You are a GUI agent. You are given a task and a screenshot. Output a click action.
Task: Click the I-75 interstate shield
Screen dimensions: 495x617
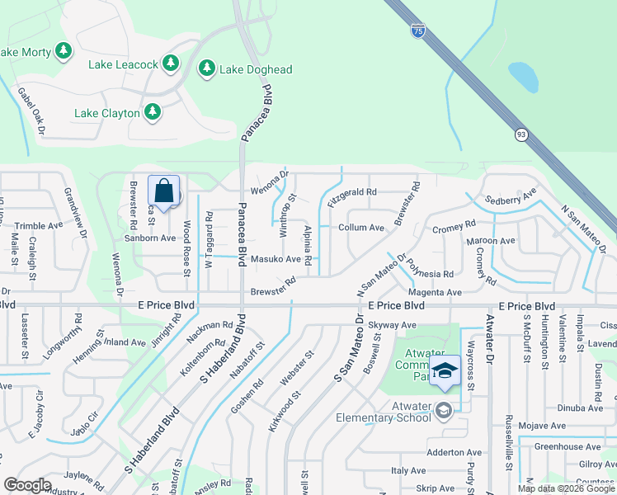click(418, 31)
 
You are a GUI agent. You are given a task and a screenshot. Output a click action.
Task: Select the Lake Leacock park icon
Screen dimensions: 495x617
click(171, 62)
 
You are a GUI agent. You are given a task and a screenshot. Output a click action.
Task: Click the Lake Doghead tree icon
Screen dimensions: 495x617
click(207, 69)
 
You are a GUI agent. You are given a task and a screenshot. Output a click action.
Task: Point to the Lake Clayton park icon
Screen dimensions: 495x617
click(152, 111)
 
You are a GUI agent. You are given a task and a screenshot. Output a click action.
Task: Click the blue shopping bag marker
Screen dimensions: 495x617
click(164, 191)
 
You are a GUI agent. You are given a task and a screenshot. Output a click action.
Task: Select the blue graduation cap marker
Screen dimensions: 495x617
click(445, 371)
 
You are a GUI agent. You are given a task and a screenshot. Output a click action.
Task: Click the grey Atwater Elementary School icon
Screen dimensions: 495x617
click(444, 410)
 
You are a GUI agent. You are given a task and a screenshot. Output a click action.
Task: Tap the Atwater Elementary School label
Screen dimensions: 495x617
click(384, 417)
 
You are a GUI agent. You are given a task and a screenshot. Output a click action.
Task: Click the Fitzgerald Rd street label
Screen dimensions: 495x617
click(352, 192)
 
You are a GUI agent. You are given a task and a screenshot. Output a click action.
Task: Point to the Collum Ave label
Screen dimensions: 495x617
click(361, 228)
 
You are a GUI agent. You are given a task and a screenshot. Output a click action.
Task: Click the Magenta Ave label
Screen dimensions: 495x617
click(436, 292)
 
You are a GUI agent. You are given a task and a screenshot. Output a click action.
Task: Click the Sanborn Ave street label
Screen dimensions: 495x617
click(150, 238)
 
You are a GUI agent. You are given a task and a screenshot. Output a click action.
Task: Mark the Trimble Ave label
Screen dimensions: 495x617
click(39, 225)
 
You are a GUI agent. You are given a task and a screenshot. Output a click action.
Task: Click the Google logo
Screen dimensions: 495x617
click(27, 486)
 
